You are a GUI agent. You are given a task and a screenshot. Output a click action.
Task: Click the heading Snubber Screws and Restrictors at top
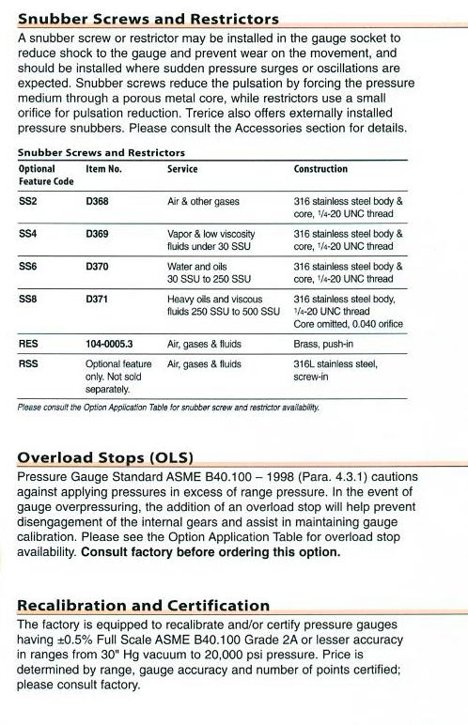(x=148, y=18)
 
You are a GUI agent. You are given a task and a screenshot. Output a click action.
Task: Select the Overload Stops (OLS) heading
(x=105, y=458)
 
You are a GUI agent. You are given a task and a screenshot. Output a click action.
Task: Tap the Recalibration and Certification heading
(x=144, y=606)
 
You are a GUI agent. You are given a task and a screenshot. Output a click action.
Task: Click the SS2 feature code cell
(x=28, y=202)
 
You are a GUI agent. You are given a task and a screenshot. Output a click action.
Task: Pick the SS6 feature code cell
(x=28, y=267)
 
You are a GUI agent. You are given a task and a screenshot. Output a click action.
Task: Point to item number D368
(x=98, y=202)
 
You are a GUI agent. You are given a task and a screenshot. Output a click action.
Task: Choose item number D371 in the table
(x=98, y=299)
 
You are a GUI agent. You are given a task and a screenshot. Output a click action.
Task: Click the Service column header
(x=182, y=169)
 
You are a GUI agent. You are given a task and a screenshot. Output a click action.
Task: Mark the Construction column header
(x=320, y=169)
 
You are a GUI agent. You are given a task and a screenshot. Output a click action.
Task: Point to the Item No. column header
(x=103, y=169)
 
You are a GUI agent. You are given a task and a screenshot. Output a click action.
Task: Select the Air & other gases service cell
(x=203, y=202)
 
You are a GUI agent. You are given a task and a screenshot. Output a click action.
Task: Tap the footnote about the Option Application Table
(x=169, y=407)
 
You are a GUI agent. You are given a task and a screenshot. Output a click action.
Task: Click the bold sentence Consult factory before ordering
(x=211, y=552)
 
